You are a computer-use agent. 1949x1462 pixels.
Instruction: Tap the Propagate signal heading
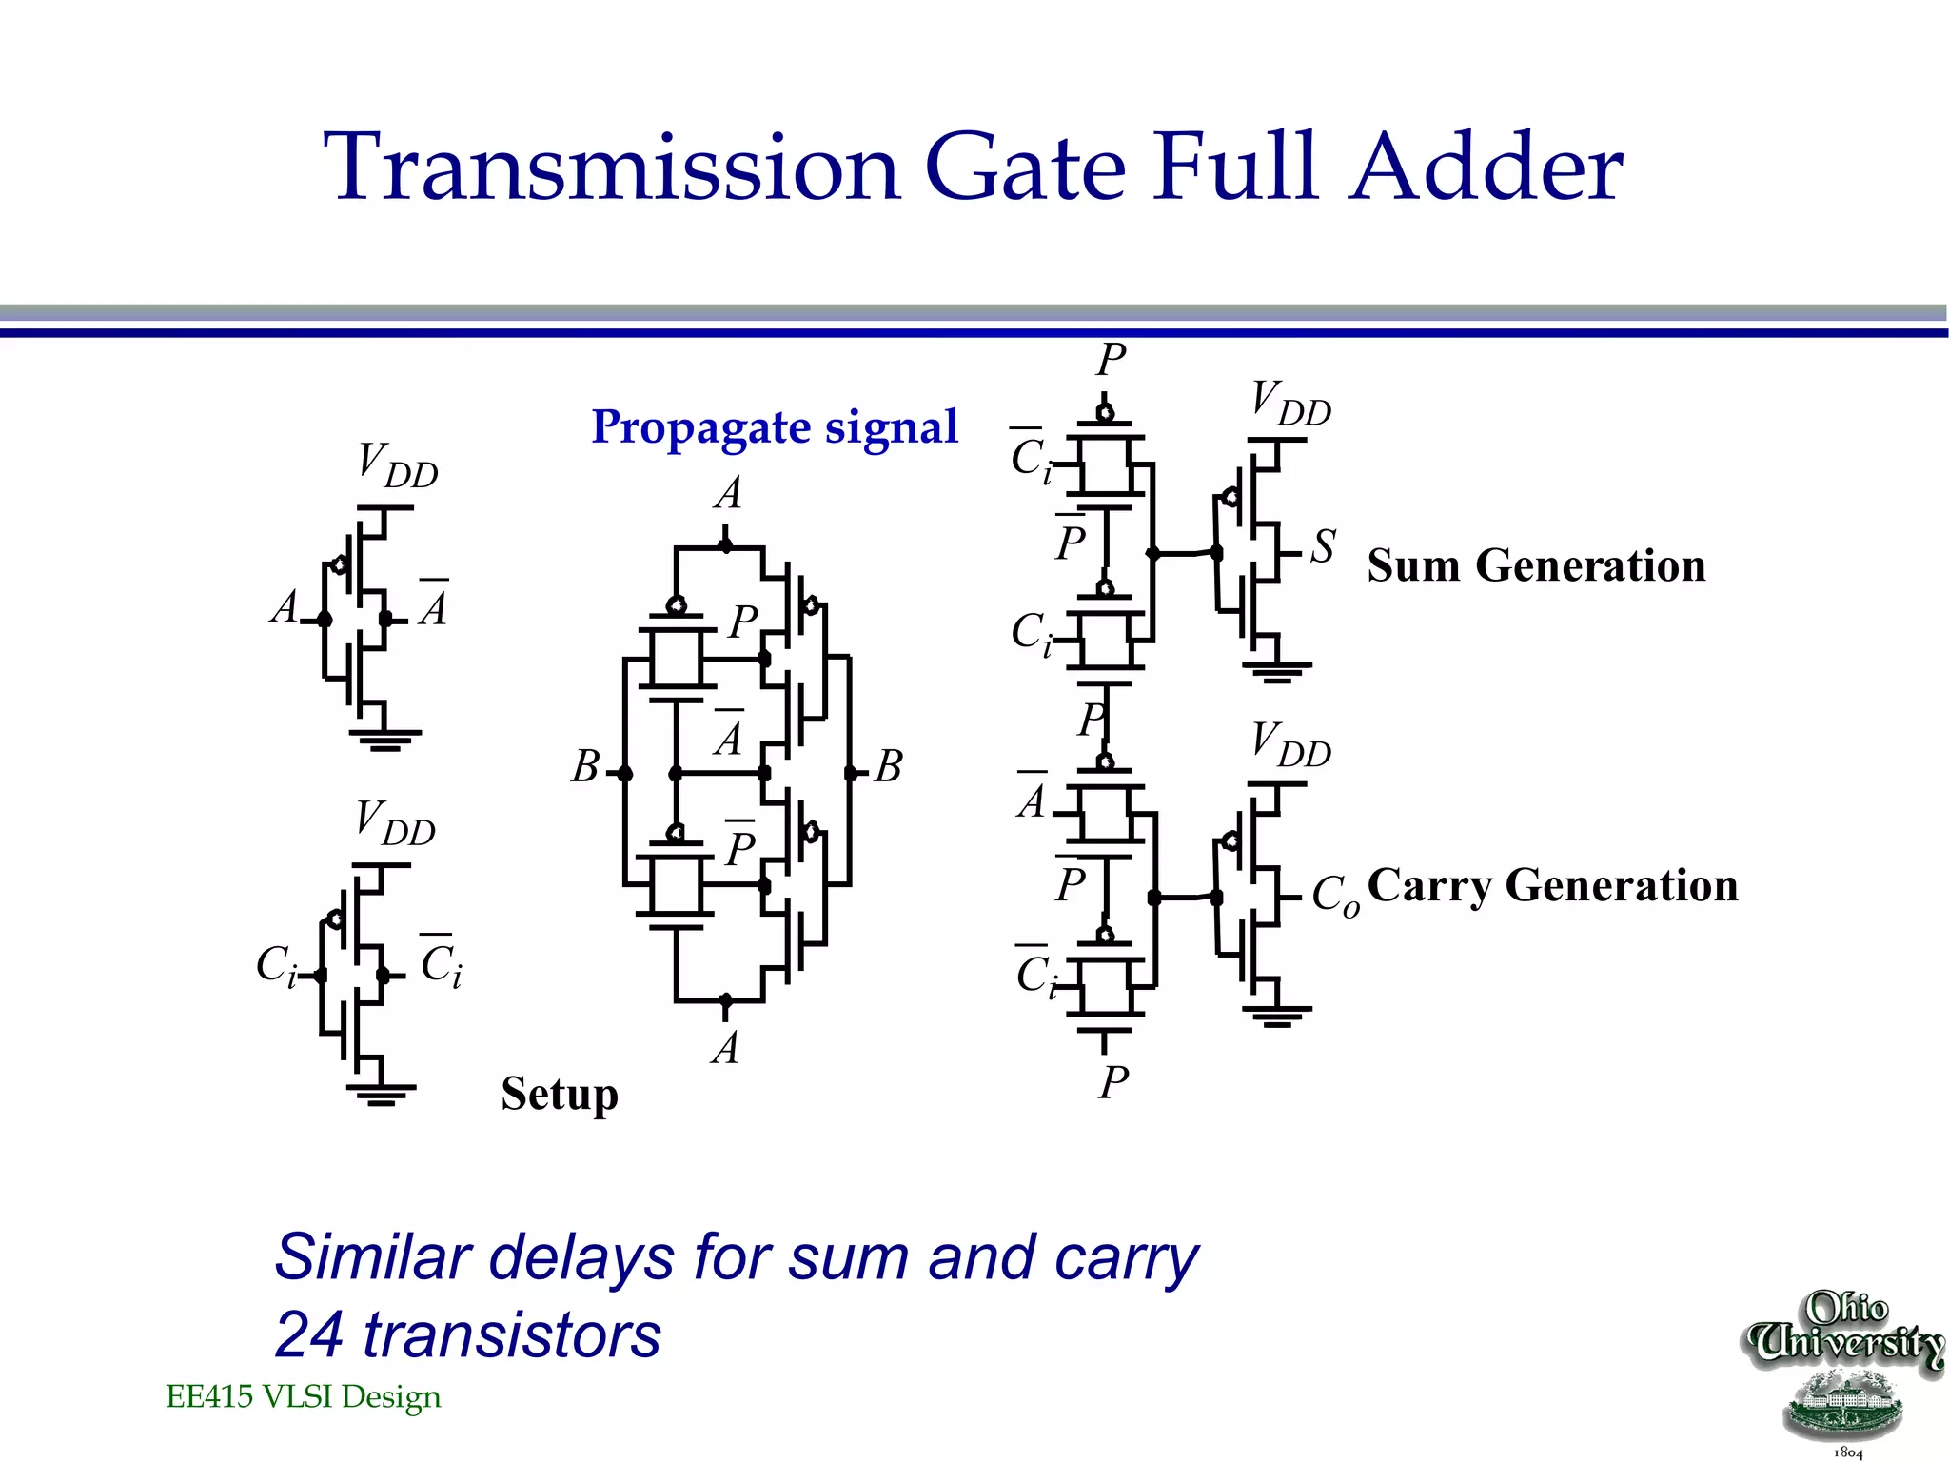click(x=774, y=427)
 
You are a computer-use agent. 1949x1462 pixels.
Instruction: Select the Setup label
click(x=560, y=1093)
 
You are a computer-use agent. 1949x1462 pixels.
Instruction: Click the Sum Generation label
click(x=1536, y=565)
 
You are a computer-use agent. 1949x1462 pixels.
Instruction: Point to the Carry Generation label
click(x=1552, y=885)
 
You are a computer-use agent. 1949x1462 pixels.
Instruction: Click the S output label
click(x=1323, y=547)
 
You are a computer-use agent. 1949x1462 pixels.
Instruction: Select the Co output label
click(x=1334, y=895)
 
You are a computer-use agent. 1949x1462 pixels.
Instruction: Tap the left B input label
click(x=585, y=767)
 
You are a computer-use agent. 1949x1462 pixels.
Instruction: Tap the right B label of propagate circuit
click(x=888, y=767)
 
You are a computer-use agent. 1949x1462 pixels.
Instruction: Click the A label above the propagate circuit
click(x=728, y=494)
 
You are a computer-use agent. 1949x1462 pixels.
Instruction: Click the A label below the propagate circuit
click(x=725, y=1049)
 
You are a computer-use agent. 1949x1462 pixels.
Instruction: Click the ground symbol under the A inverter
click(x=384, y=740)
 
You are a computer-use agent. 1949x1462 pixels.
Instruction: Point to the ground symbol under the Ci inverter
click(x=381, y=1094)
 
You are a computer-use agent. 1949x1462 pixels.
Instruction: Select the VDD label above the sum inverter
click(x=1290, y=404)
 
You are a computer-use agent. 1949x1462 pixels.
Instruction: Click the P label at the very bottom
click(x=1112, y=1083)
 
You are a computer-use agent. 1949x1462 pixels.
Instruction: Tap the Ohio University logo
click(x=1843, y=1371)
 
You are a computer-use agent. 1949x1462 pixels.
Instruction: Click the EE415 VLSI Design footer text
click(x=304, y=1396)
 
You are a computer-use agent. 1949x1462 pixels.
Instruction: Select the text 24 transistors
click(x=467, y=1334)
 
